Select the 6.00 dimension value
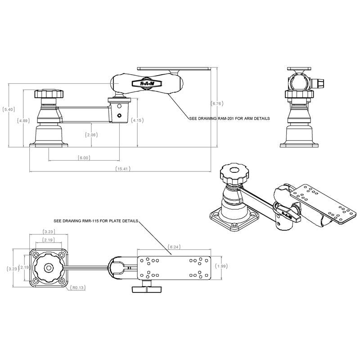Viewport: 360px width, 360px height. coord(84,158)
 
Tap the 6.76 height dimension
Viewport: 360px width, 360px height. coord(217,104)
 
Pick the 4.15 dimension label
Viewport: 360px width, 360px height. coord(137,121)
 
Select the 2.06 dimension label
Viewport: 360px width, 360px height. coord(91,135)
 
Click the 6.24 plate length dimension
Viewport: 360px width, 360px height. coord(174,247)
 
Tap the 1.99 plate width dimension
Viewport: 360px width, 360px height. coord(220,266)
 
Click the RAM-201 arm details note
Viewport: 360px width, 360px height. coord(229,119)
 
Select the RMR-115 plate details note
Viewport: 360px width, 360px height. coord(95,221)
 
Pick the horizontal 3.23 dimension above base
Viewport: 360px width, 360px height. coord(48,231)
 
